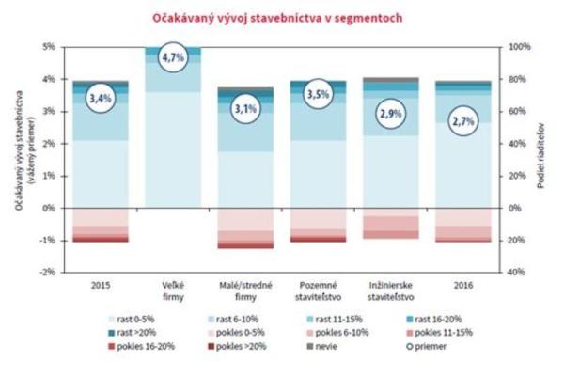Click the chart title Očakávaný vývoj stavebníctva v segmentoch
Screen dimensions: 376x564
(281, 16)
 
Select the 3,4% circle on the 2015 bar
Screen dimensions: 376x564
(101, 96)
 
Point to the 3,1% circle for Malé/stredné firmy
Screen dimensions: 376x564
(244, 110)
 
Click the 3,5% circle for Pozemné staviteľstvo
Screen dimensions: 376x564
(317, 95)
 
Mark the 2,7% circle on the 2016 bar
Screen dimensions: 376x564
(462, 121)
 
